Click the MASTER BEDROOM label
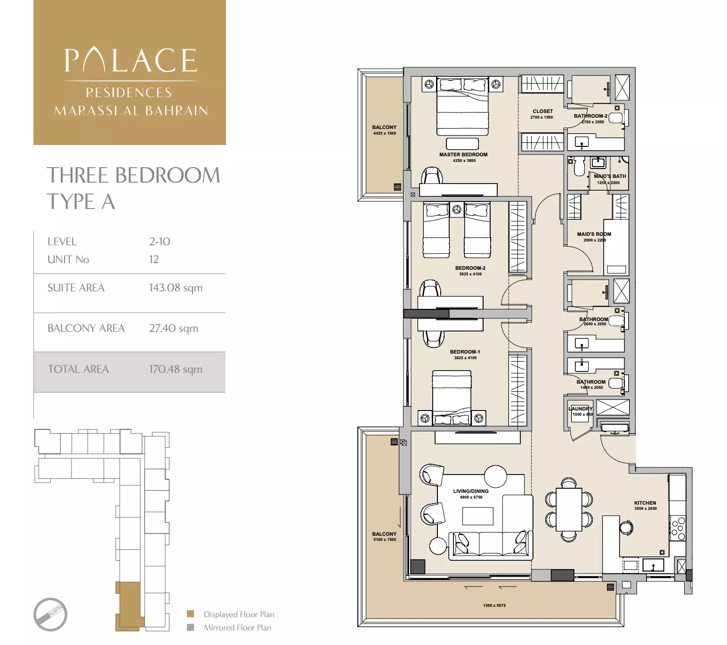pyautogui.click(x=463, y=154)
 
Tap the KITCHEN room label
pyautogui.click(x=645, y=503)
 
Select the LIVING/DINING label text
pyautogui.click(x=470, y=491)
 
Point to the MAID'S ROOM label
pyautogui.click(x=594, y=234)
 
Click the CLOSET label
pyautogui.click(x=542, y=112)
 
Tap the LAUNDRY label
pyautogui.click(x=581, y=409)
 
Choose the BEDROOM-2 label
pyautogui.click(x=470, y=268)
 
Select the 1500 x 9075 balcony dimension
pyautogui.click(x=494, y=605)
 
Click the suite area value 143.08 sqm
pyautogui.click(x=176, y=288)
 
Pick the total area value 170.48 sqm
pyautogui.click(x=176, y=369)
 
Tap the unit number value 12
pyautogui.click(x=154, y=259)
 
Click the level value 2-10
pyautogui.click(x=160, y=242)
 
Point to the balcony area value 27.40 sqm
pyautogui.click(x=173, y=328)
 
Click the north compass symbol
pyautogui.click(x=50, y=614)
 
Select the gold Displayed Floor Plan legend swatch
pyautogui.click(x=191, y=614)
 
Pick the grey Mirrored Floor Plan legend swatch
pyautogui.click(x=191, y=627)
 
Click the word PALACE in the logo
pyautogui.click(x=130, y=61)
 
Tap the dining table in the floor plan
pyautogui.click(x=569, y=509)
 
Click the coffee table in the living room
pyautogui.click(x=477, y=516)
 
